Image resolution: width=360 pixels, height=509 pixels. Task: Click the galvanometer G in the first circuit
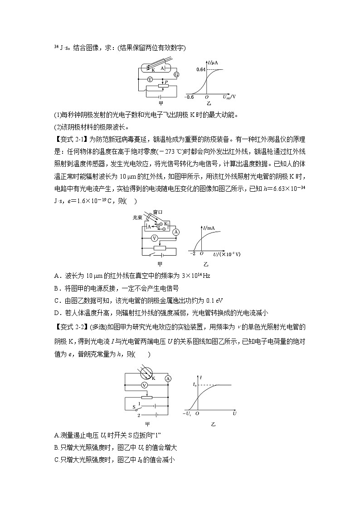click(x=177, y=74)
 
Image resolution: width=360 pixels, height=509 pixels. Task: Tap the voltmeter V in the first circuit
click(x=150, y=78)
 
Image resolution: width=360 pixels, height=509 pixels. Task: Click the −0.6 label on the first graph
click(x=189, y=97)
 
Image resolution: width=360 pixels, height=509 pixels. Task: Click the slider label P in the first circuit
click(x=166, y=82)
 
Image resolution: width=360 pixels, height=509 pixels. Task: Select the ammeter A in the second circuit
click(x=176, y=232)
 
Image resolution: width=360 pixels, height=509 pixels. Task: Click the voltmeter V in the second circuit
click(x=155, y=238)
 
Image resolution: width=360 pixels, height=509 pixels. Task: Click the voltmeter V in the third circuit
click(x=144, y=385)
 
